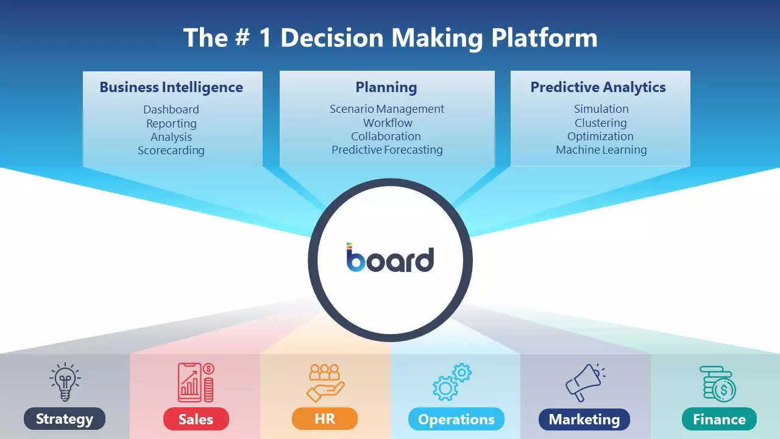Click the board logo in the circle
[x=391, y=258]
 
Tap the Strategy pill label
[x=65, y=419]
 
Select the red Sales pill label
[x=196, y=419]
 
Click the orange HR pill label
[x=325, y=418]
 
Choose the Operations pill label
[x=456, y=419]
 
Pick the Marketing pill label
[x=584, y=419]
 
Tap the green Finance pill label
[x=719, y=419]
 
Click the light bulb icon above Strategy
[x=65, y=382]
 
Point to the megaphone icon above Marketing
[x=585, y=382]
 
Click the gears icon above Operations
[x=452, y=382]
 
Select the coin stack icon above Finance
[x=718, y=384]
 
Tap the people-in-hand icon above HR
[x=325, y=383]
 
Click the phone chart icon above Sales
[x=196, y=382]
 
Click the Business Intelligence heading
[x=171, y=87]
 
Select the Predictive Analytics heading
[x=598, y=87]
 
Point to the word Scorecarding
[x=171, y=151]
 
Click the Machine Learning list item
[x=601, y=150]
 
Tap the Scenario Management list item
[x=387, y=109]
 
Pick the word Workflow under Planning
[x=388, y=123]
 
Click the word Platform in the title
[x=544, y=37]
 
